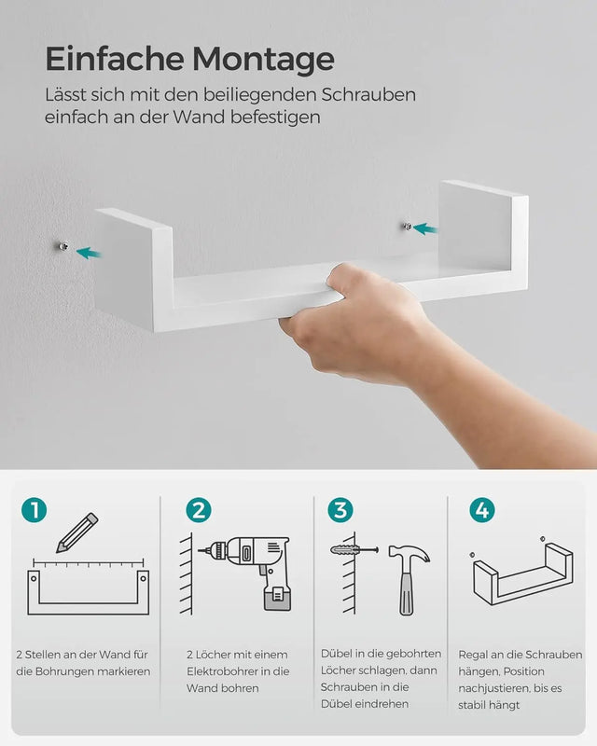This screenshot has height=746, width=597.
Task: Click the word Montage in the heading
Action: pyautogui.click(x=263, y=59)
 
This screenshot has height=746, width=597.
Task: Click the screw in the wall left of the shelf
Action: pyautogui.click(x=62, y=246)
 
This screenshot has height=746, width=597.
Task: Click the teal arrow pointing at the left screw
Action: pyautogui.click(x=90, y=252)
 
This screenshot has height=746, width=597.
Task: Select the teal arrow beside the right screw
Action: pyautogui.click(x=425, y=228)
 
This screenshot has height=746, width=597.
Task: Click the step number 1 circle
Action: pyautogui.click(x=35, y=510)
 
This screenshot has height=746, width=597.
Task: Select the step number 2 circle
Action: pyautogui.click(x=198, y=510)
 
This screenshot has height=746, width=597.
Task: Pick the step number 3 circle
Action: pyautogui.click(x=340, y=510)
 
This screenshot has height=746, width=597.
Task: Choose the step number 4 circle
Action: pyautogui.click(x=482, y=510)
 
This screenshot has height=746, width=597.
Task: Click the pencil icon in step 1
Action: pyautogui.click(x=76, y=532)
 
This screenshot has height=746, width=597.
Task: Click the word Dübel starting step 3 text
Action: pyautogui.click(x=337, y=654)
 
